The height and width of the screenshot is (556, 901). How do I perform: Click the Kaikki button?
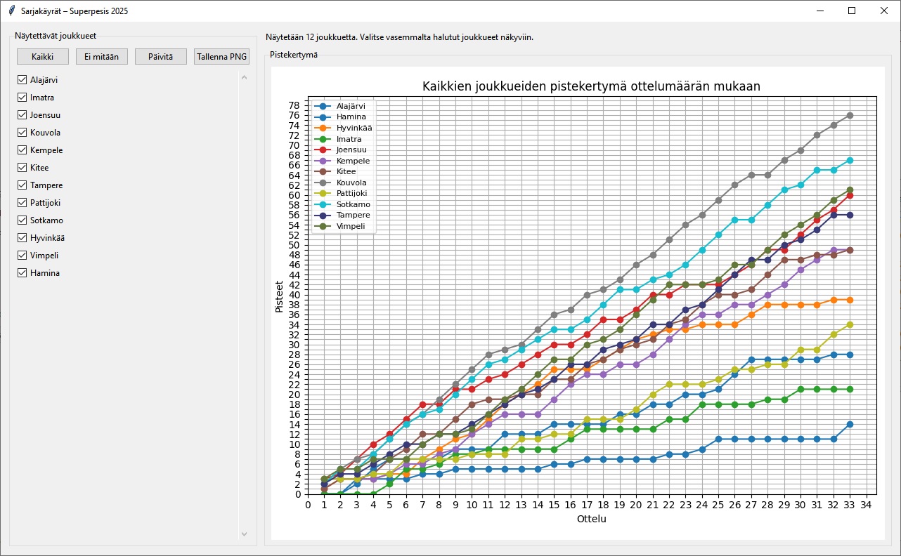43,57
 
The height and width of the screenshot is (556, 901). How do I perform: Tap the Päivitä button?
161,57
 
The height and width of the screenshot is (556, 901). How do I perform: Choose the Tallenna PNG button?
221,57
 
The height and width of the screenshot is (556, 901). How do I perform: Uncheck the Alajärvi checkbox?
22,80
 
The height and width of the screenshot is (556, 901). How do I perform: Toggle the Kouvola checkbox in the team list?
22,133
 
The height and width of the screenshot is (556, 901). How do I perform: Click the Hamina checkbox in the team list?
22,273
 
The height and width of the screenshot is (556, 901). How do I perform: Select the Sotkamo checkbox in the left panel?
22,220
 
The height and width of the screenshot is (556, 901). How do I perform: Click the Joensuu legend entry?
351,150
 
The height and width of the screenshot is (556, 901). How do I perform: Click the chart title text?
591,86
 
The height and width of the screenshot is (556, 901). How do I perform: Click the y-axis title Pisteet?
279,296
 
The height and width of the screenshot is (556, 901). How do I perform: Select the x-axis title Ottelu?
591,519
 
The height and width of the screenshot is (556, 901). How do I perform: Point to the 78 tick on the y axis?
294,105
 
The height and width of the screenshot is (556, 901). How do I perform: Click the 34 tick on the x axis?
867,504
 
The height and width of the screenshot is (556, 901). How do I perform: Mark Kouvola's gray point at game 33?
850,115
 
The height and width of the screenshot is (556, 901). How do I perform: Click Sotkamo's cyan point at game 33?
850,160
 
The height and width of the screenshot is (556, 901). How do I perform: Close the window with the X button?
883,11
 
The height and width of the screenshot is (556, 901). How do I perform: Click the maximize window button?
852,11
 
